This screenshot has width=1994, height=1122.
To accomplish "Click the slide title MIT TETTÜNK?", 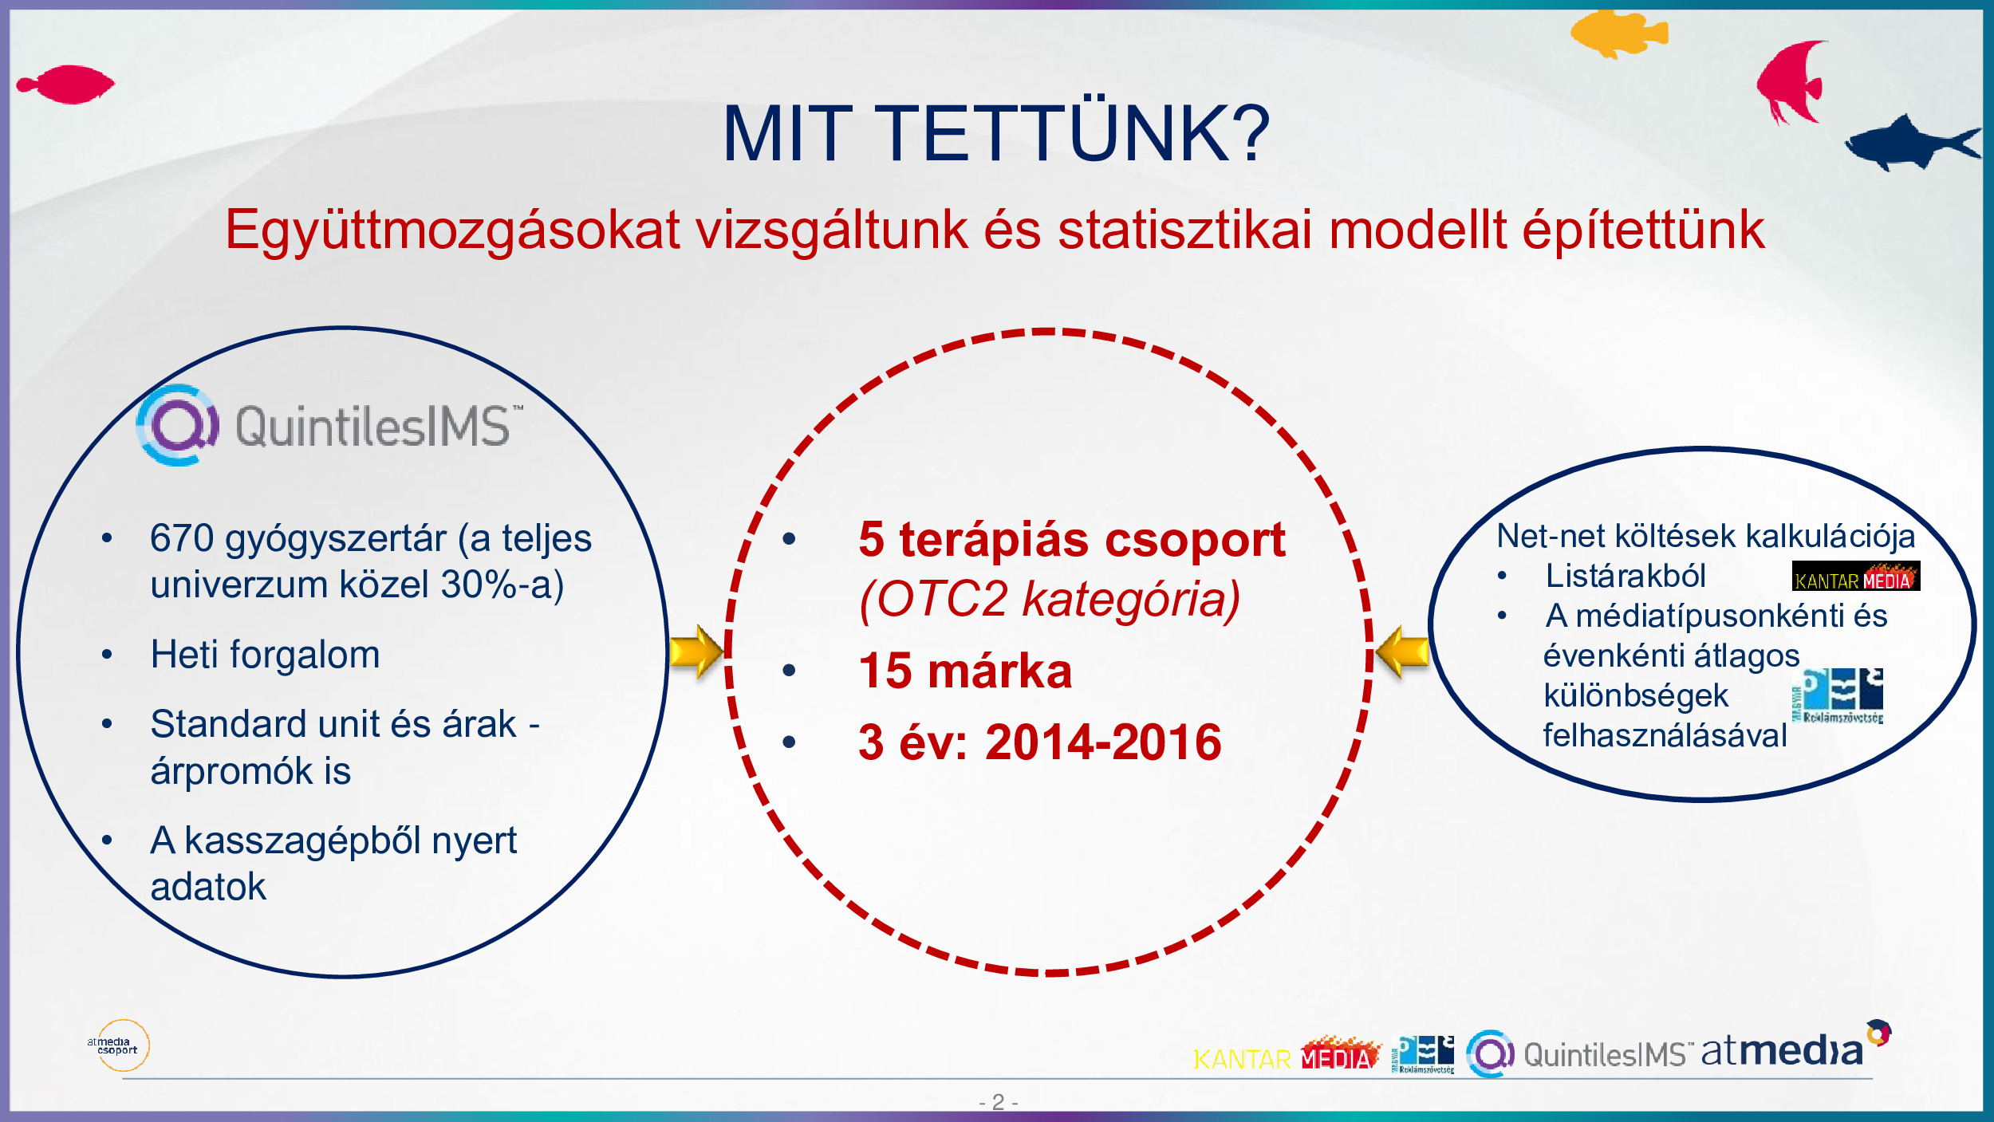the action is (x=995, y=133).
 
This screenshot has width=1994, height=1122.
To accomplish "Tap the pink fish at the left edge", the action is (x=65, y=85).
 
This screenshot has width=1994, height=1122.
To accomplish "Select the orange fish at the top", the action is (x=1619, y=33).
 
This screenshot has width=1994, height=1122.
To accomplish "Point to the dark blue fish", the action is (x=1913, y=144).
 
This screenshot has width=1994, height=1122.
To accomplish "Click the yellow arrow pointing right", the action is (x=696, y=652).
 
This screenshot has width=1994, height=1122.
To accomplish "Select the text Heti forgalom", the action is (x=265, y=655).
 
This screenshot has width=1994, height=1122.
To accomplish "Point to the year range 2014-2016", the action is (x=1103, y=742).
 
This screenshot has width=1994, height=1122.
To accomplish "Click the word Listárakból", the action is (x=1626, y=576).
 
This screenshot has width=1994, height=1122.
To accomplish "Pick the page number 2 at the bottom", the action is (x=998, y=1102).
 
